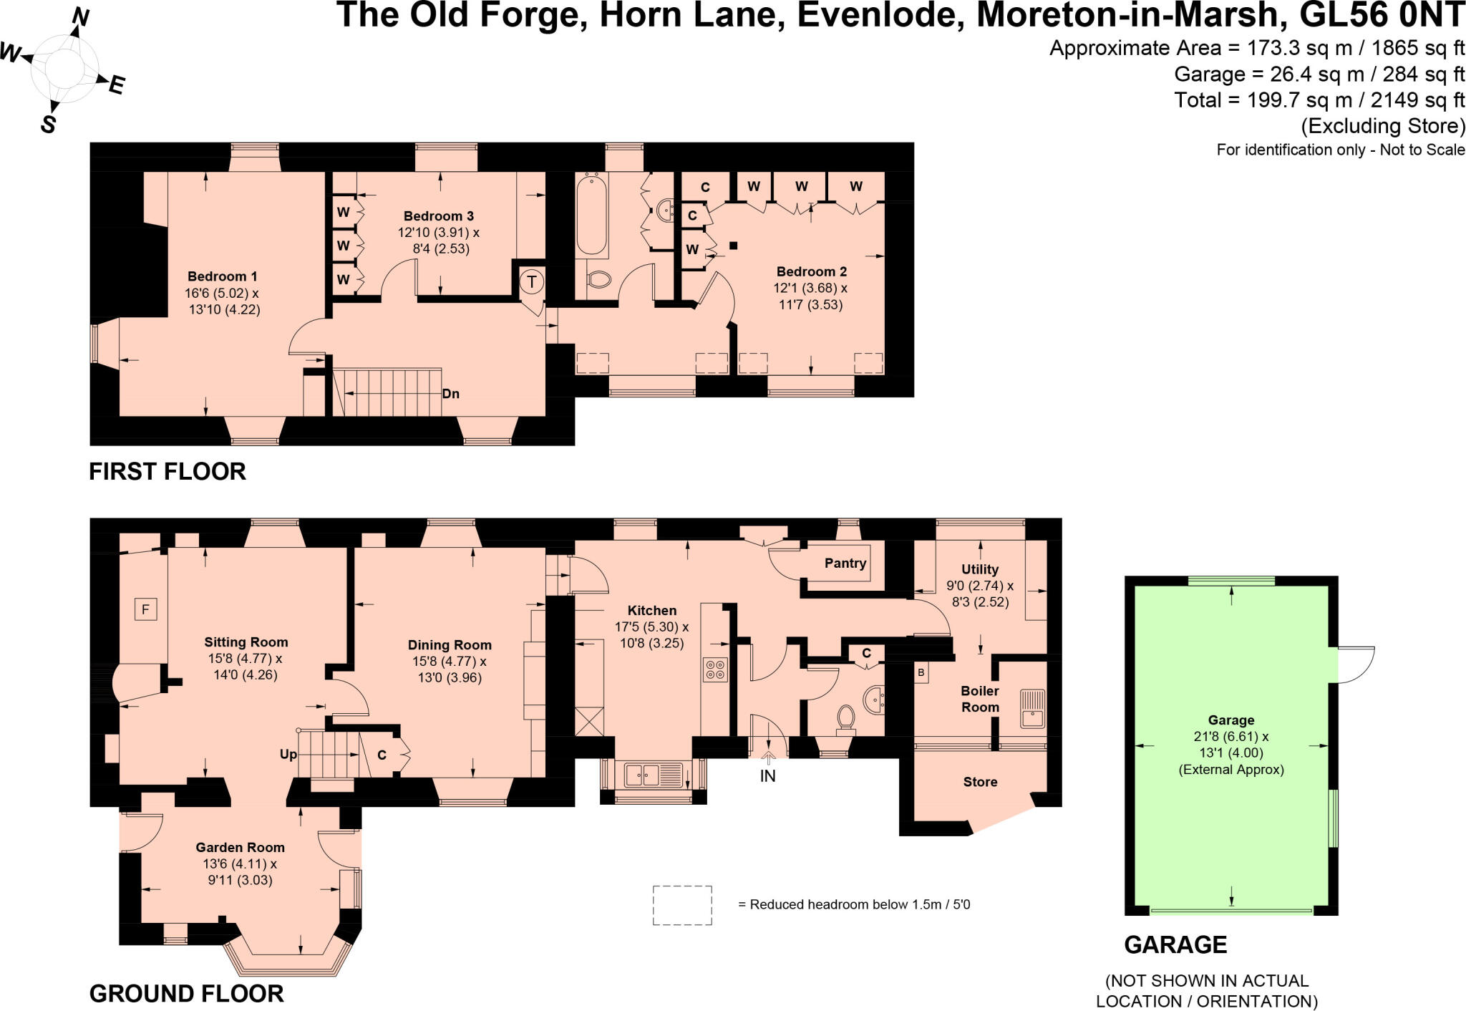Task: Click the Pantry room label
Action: click(x=845, y=563)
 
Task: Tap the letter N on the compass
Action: click(x=80, y=17)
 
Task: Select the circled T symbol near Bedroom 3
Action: click(x=532, y=281)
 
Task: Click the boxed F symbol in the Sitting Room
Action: click(x=145, y=610)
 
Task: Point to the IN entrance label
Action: click(x=767, y=776)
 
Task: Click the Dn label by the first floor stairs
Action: click(x=450, y=394)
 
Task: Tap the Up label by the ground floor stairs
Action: click(x=288, y=754)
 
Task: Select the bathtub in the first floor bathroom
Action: click(x=591, y=215)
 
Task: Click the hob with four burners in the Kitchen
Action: click(x=715, y=669)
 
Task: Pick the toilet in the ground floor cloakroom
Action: click(x=846, y=717)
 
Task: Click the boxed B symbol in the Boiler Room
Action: click(x=921, y=673)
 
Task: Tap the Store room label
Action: click(x=980, y=782)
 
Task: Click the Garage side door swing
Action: click(x=1355, y=664)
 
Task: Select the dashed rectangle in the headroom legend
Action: click(x=681, y=905)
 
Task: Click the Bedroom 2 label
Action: click(x=811, y=271)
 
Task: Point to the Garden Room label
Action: click(x=240, y=847)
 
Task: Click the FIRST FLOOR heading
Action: click(x=168, y=471)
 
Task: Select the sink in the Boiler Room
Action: click(x=1032, y=708)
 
